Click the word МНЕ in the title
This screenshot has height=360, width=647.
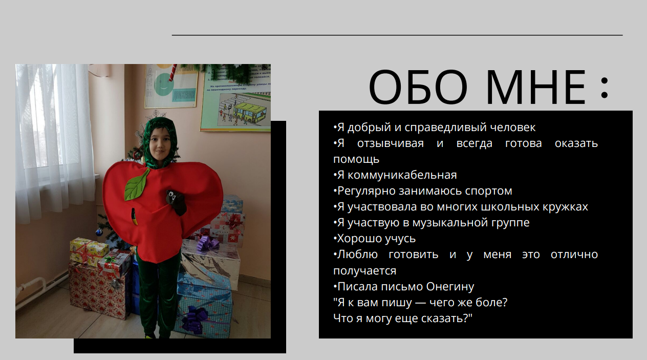[536, 87]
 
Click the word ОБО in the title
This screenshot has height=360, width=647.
[418, 87]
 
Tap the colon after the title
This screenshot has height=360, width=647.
[605, 87]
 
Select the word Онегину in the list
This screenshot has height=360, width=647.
[450, 287]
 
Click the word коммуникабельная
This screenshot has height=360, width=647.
[402, 175]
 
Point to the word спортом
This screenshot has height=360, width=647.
[488, 192]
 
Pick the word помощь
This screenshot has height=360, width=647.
[356, 159]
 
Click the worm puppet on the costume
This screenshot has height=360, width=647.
[176, 202]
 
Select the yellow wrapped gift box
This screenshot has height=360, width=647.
[89, 251]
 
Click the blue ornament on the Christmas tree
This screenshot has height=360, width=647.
[99, 231]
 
